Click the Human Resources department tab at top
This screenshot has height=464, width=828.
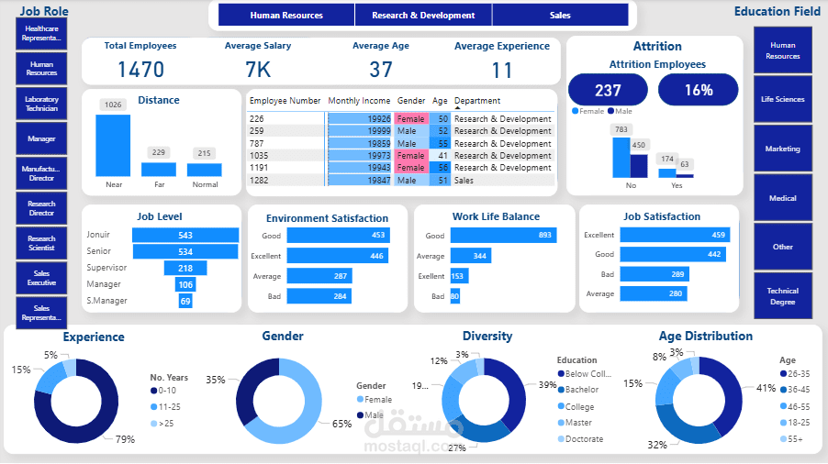pos(286,16)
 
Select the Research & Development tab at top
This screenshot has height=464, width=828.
pos(423,16)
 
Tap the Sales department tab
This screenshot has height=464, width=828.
pos(560,16)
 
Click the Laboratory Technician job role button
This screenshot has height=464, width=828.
pos(41,104)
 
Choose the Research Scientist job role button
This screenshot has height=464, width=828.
pos(41,243)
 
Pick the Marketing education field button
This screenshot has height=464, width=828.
pos(782,149)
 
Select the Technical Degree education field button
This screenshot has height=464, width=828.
pos(782,295)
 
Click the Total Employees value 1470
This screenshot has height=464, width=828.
pos(140,70)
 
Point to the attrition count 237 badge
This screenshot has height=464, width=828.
pos(608,90)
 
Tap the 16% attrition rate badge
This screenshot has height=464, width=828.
pos(698,90)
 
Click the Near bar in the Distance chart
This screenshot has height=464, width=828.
pos(113,145)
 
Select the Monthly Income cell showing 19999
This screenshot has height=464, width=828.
pos(360,131)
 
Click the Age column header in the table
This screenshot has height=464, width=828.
pos(440,101)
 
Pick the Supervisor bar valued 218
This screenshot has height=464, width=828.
pos(185,268)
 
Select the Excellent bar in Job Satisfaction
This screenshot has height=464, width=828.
pos(675,235)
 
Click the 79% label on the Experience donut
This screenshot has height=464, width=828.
pos(125,439)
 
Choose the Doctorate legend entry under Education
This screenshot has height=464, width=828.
pos(585,439)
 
